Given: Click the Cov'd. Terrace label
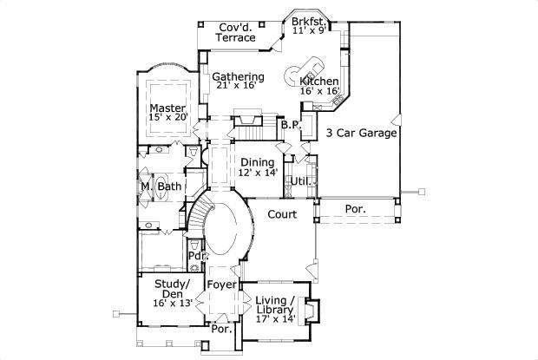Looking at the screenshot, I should [x=237, y=32].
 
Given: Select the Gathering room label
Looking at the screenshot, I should [x=239, y=77].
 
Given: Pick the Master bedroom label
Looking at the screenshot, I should [x=168, y=108].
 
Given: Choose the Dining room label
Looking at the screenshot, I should [x=257, y=162].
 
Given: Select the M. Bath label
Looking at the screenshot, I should [x=161, y=187].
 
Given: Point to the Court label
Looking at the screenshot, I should [x=282, y=214].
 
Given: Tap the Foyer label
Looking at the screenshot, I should [x=222, y=284].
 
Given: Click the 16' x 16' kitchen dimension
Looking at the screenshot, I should [x=318, y=90].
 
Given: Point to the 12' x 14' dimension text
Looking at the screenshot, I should [x=258, y=172].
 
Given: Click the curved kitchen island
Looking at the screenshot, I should [x=310, y=67].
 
